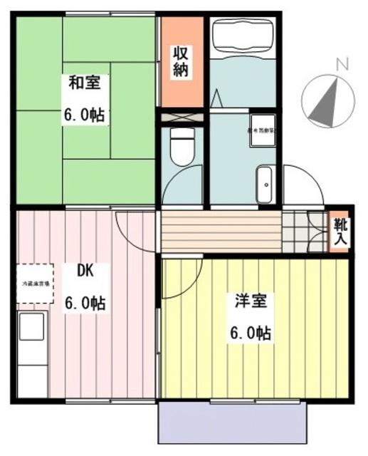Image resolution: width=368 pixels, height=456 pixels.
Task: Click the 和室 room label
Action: click(x=85, y=83)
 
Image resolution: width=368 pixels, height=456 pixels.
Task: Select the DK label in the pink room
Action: click(x=84, y=271)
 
